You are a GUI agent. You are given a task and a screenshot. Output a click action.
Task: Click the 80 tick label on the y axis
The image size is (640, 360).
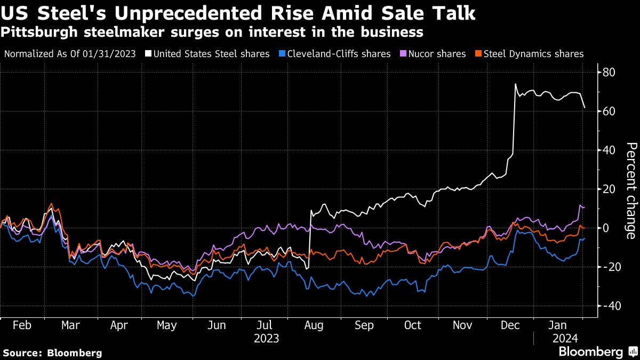click(610, 72)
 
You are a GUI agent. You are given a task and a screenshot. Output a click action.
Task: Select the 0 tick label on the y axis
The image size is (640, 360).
click(606, 228)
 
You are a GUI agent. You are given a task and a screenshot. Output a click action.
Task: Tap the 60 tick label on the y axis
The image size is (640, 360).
click(610, 111)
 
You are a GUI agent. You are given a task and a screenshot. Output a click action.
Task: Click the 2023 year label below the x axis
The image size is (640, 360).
click(266, 338)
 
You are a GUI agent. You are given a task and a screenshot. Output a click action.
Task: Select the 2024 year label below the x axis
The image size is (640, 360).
click(564, 338)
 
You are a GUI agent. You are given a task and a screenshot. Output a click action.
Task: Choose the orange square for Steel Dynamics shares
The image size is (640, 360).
click(479, 54)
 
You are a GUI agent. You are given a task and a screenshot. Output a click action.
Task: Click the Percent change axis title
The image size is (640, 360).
click(630, 190)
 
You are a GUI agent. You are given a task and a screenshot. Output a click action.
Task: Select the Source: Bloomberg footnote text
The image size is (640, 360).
click(52, 353)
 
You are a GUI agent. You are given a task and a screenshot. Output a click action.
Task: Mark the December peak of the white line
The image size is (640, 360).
click(515, 84)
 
